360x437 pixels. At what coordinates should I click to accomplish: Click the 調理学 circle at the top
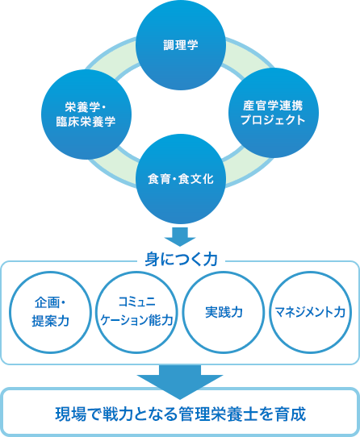180,45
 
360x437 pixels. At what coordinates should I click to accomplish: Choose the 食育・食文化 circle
180,178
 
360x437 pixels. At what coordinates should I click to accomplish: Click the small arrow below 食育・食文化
180,237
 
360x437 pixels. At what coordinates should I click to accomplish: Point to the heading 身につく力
180,260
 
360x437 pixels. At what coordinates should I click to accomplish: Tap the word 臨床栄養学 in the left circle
79,121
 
